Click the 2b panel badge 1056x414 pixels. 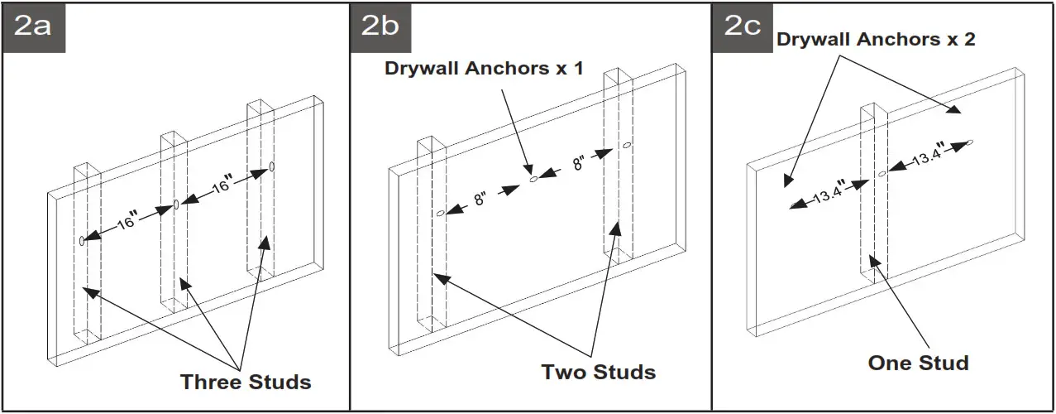[381, 27]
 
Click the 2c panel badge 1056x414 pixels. [743, 27]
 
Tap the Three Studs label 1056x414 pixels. [246, 382]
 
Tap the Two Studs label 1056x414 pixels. [599, 372]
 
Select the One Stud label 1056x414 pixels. [918, 363]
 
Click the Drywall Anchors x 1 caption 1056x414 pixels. [484, 68]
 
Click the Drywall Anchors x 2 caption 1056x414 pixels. [876, 39]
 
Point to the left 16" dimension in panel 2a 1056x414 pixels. [127, 223]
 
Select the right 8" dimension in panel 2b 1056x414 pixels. [576, 163]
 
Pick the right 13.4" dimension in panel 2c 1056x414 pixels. [928, 156]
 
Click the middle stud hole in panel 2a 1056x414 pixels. [175, 205]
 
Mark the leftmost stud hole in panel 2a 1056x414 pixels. [82, 240]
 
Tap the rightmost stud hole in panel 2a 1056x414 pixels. [271, 167]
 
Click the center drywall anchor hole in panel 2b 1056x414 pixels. [533, 179]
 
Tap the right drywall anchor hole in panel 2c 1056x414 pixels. [970, 142]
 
